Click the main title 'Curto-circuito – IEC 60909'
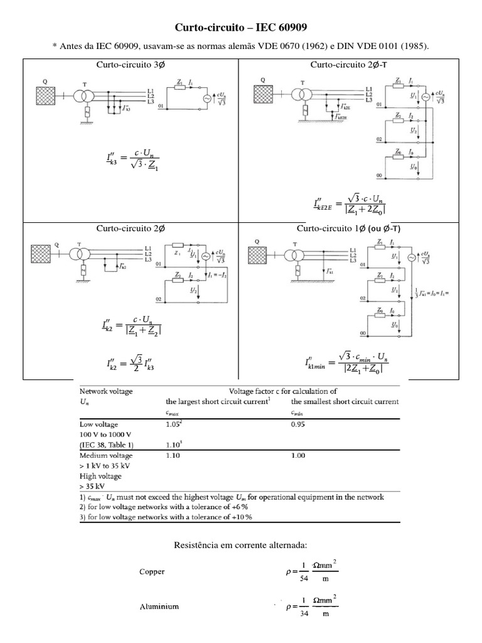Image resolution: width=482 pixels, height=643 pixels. click(241, 28)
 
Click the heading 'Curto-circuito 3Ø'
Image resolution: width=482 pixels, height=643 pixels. click(130, 65)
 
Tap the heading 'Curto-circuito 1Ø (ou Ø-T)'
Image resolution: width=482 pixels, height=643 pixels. click(348, 228)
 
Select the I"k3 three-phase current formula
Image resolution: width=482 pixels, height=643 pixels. click(124, 161)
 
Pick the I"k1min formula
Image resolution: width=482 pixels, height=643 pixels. click(346, 362)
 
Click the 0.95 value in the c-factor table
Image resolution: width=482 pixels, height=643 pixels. click(299, 424)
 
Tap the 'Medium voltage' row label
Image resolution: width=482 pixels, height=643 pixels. click(105, 455)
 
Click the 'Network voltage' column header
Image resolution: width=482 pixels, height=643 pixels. click(105, 391)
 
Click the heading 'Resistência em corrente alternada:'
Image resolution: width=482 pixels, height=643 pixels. click(241, 544)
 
